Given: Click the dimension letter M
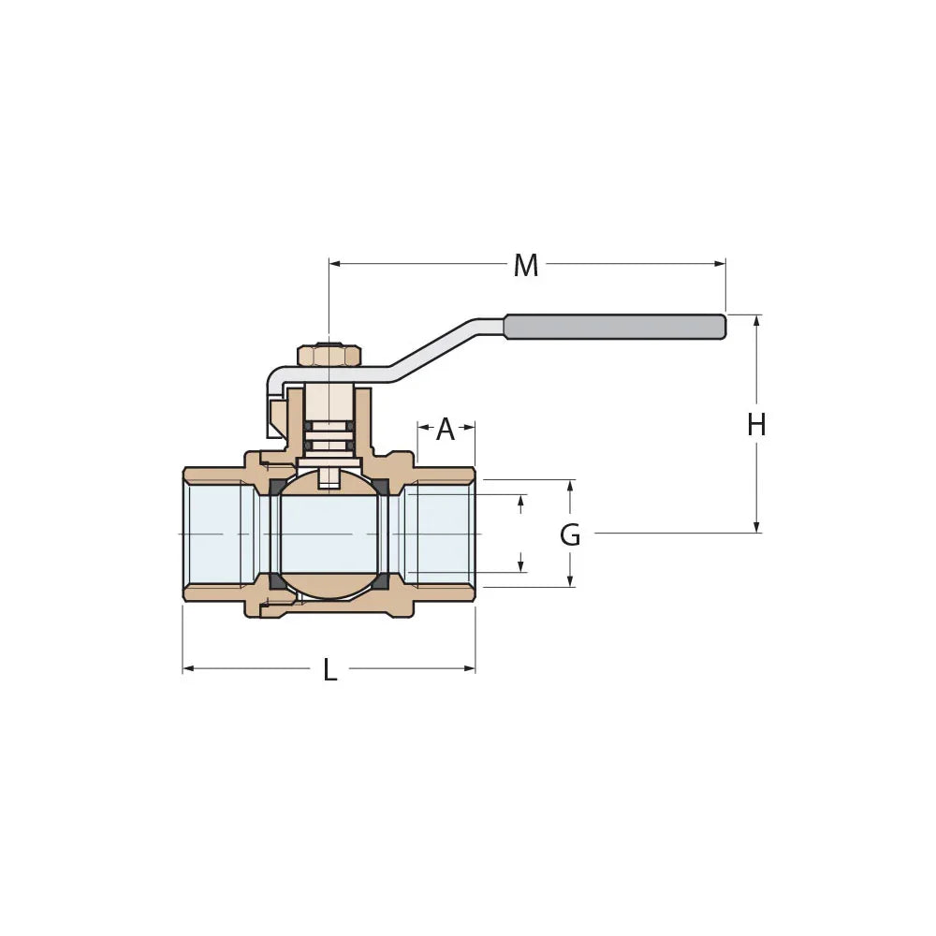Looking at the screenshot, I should coord(526,266).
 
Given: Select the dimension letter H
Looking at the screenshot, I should coord(756,425).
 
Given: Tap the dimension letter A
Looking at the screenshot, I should coord(446,430).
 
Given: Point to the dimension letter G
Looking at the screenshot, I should coord(570,535).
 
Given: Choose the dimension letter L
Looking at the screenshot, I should coord(329,670).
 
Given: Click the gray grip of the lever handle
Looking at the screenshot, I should coord(615,327).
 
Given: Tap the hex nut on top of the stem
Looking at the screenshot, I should coord(329,356).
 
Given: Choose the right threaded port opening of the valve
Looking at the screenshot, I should coord(440,534).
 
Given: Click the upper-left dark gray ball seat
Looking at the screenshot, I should coord(278,487).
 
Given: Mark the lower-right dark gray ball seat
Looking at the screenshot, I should coord(380,581).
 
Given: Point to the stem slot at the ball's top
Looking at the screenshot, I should coord(329,477).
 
